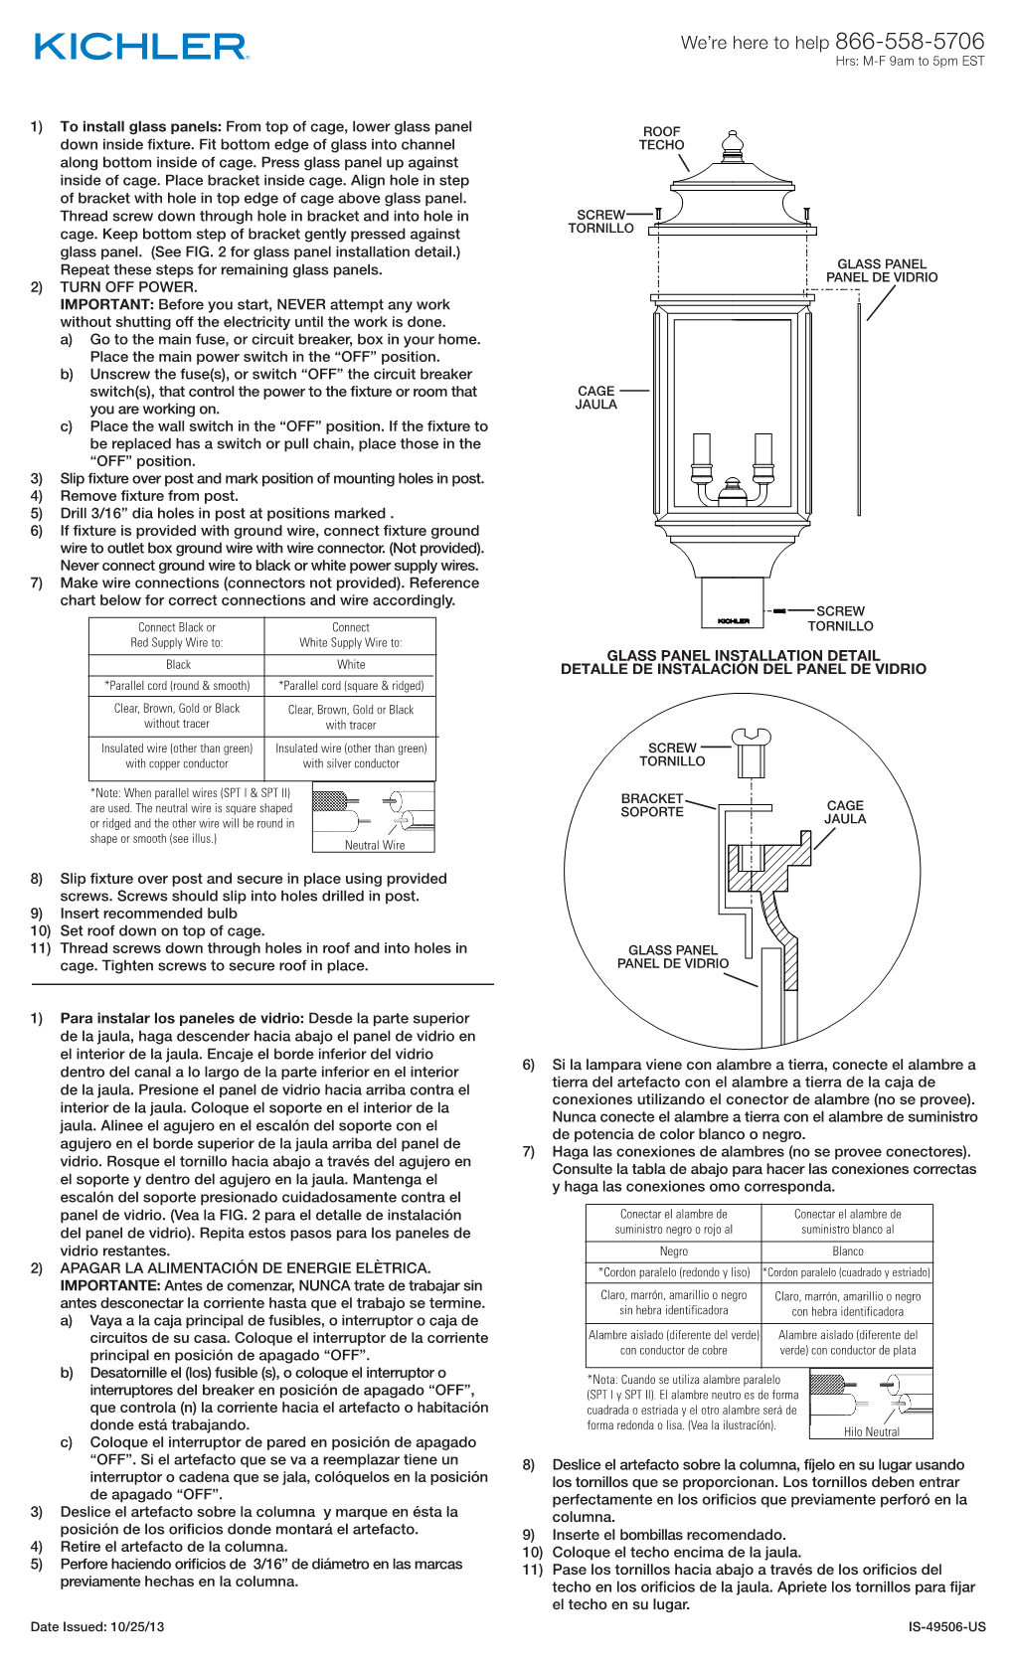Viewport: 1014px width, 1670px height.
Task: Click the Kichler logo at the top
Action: (141, 47)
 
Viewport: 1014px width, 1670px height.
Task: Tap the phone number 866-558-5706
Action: (910, 41)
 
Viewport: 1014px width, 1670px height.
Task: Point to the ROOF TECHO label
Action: (661, 138)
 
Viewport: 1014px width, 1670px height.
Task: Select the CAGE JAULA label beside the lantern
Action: (595, 398)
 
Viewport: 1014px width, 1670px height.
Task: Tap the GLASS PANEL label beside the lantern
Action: (882, 270)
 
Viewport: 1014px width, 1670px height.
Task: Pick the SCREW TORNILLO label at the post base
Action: (840, 618)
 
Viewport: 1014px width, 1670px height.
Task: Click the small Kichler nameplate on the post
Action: (734, 621)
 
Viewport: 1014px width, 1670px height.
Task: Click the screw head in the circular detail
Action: (752, 737)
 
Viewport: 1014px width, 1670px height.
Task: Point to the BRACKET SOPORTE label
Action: (652, 805)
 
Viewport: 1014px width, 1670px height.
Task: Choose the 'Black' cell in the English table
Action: (178, 664)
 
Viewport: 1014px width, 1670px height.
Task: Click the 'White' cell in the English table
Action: (350, 664)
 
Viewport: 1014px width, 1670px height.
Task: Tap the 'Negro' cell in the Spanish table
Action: (673, 1252)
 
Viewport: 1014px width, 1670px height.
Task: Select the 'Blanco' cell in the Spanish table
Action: (847, 1252)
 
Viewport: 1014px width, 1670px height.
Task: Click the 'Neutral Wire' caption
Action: (375, 845)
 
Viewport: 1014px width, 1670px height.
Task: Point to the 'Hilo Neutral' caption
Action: (872, 1432)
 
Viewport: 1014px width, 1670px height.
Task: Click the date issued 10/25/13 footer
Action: (97, 1627)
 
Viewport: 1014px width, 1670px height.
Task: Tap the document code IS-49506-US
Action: (946, 1627)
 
